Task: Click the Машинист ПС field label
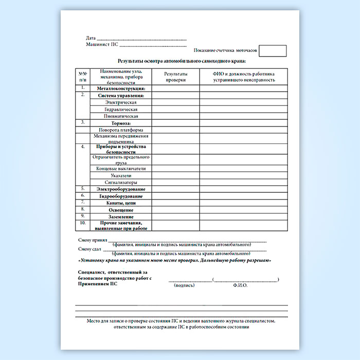pyautogui.click(x=102, y=45)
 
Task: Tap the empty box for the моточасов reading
pyautogui.click(x=273, y=51)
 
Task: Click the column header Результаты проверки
pyautogui.click(x=175, y=77)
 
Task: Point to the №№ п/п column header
pyautogui.click(x=83, y=77)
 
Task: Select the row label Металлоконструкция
pyautogui.click(x=121, y=88)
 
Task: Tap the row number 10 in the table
pyautogui.click(x=83, y=223)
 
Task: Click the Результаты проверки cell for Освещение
pyautogui.click(x=175, y=210)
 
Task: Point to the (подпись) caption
pyautogui.click(x=184, y=284)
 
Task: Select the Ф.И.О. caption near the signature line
pyautogui.click(x=240, y=284)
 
